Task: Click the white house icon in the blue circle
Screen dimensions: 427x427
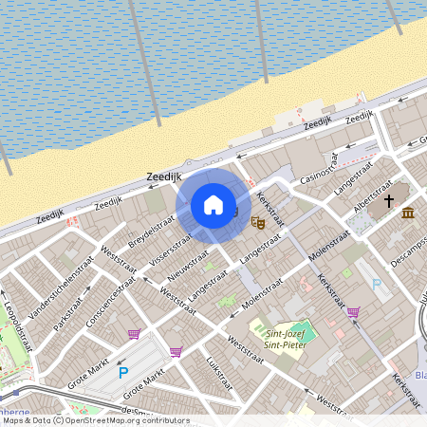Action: [213, 205]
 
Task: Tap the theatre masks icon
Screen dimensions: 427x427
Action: [257, 222]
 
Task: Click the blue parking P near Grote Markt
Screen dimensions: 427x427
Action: [123, 373]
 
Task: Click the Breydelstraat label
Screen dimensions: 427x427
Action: [152, 232]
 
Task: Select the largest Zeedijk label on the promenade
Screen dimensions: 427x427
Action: [164, 176]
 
